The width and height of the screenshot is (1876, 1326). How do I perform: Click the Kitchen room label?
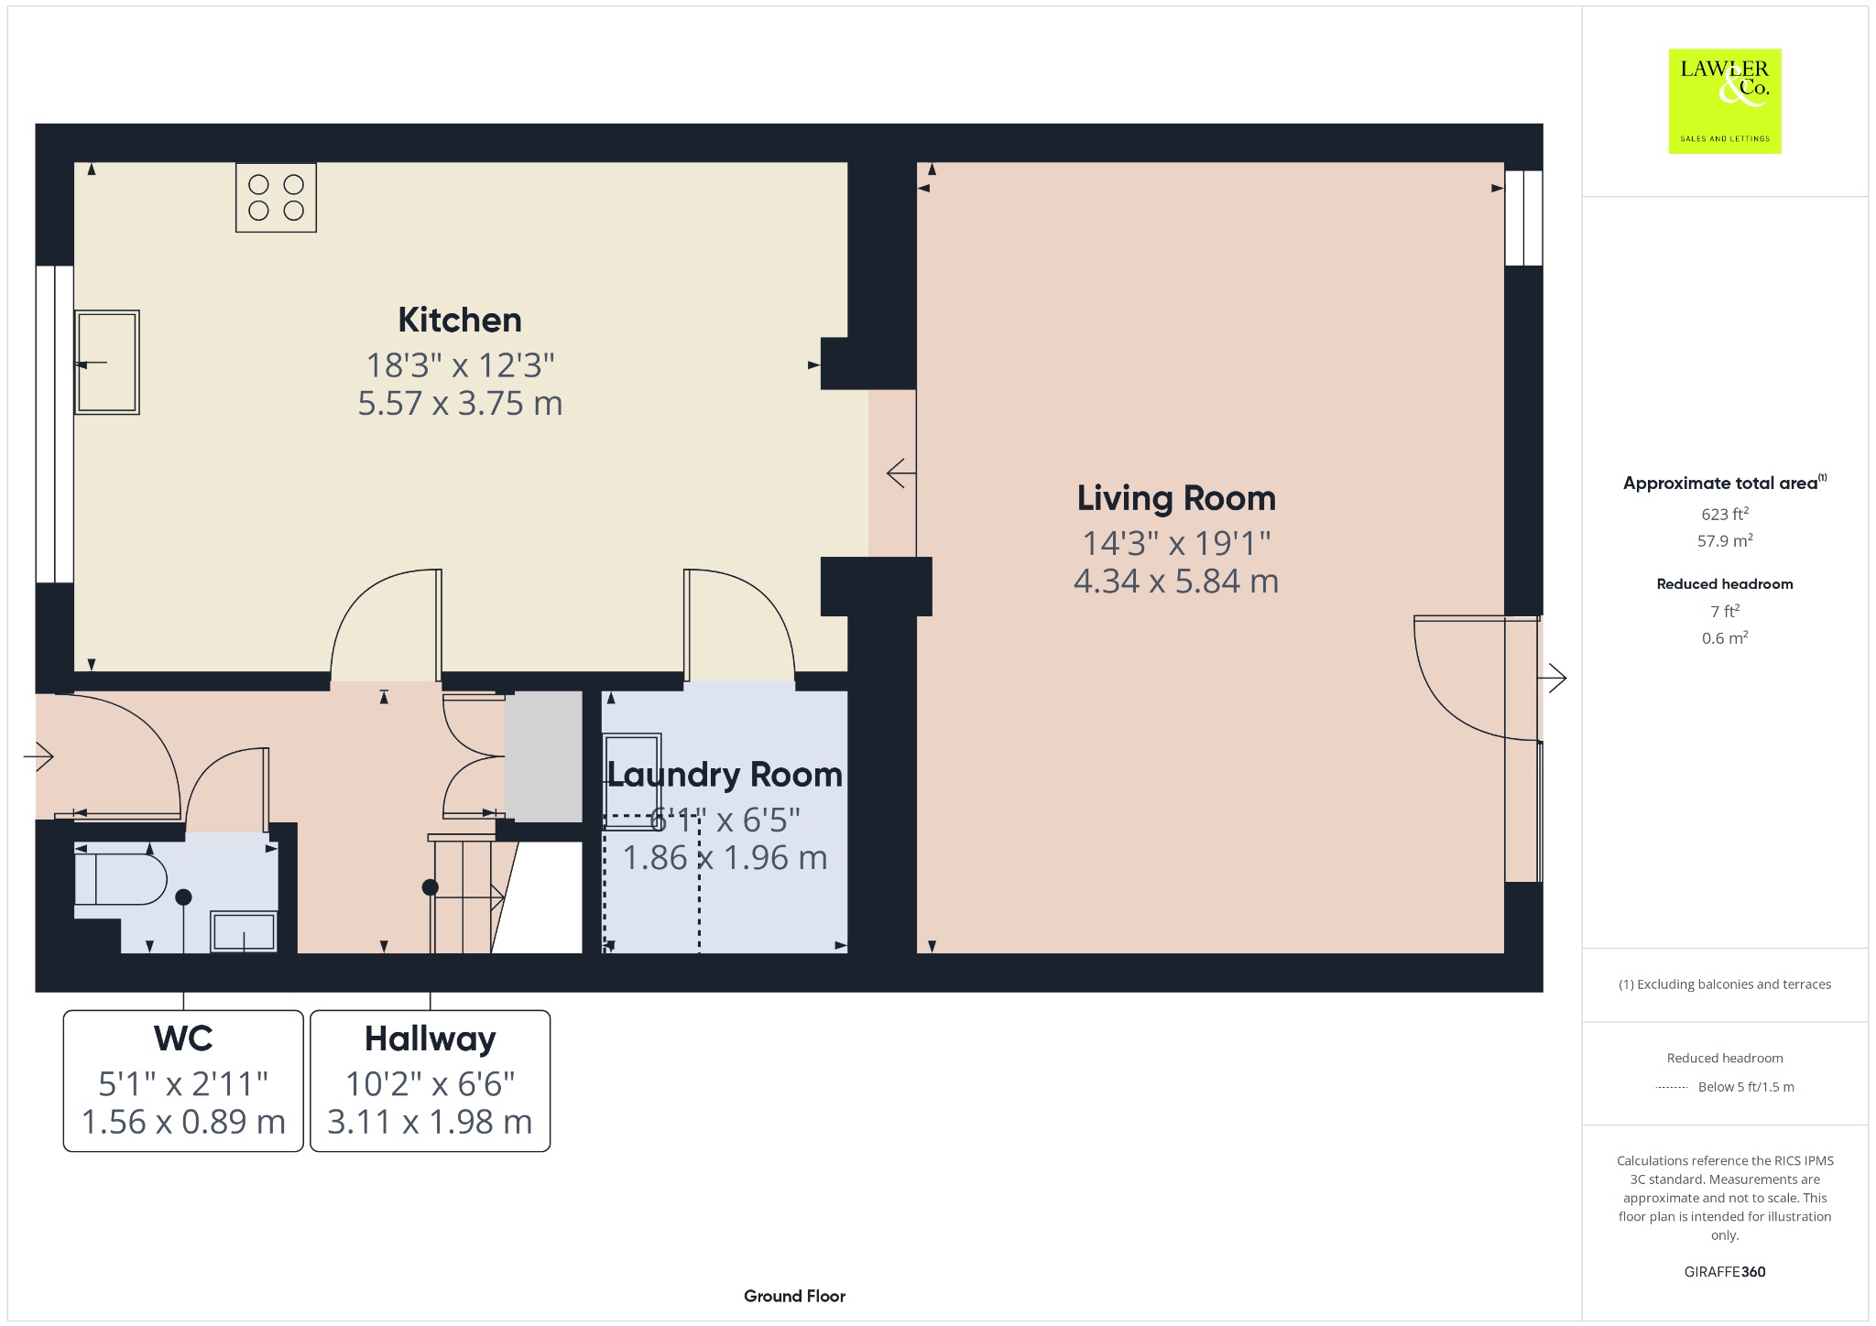(x=460, y=321)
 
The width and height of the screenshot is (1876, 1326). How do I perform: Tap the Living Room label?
(x=1176, y=498)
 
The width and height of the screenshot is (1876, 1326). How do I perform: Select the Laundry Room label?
(x=725, y=776)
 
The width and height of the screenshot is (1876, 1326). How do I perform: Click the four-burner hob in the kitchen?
(x=276, y=197)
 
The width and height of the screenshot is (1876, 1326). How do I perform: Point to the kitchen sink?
(x=107, y=363)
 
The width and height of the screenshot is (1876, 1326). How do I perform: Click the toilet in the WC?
(x=120, y=880)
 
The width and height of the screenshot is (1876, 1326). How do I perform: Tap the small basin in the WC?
(x=244, y=931)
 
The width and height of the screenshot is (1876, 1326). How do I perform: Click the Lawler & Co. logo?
(x=1725, y=101)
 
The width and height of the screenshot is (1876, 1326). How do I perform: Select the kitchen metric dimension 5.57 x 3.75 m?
(x=460, y=404)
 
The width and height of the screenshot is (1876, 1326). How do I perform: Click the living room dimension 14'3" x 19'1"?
(x=1176, y=544)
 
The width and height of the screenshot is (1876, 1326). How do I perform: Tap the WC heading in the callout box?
(x=183, y=1038)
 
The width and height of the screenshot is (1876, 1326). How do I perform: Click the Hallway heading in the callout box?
(x=430, y=1039)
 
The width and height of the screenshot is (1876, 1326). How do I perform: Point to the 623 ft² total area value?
(x=1725, y=514)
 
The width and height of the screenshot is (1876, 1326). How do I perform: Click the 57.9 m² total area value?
(x=1725, y=540)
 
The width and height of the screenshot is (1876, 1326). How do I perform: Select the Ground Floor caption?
(x=794, y=1296)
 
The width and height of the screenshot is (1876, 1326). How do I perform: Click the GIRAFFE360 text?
(x=1725, y=1272)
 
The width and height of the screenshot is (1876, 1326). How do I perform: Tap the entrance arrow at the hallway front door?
(x=38, y=756)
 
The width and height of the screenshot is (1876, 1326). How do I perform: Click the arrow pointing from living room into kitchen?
(x=901, y=473)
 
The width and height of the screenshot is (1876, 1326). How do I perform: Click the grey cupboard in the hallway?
(x=544, y=756)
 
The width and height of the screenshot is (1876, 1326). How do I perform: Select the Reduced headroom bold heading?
(x=1725, y=584)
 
